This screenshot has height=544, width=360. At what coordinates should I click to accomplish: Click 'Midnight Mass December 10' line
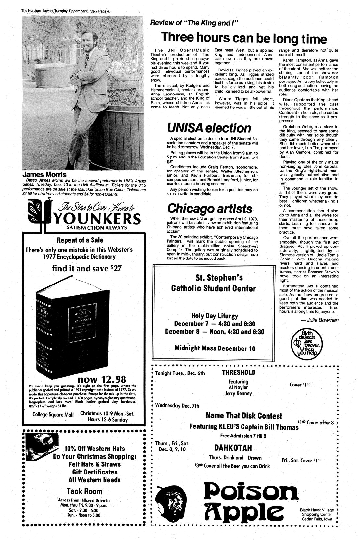pyautogui.click(x=215, y=348)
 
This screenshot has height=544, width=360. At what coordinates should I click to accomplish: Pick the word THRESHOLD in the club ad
pyautogui.click(x=239, y=373)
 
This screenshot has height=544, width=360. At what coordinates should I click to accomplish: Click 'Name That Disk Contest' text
pyautogui.click(x=244, y=416)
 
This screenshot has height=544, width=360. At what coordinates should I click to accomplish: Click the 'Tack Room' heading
pyautogui.click(x=84, y=491)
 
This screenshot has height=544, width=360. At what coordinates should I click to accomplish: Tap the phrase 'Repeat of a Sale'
pyautogui.click(x=80, y=240)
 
